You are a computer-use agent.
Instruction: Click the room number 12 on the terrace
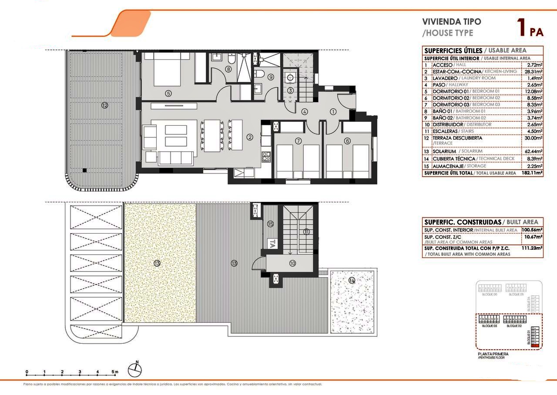(x=104, y=105)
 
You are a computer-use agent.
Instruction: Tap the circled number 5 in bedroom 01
(x=168, y=93)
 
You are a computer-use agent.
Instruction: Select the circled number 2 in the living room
(x=250, y=137)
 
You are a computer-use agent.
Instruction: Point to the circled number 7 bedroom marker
(x=298, y=141)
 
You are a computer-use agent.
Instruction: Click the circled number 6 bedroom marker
(x=347, y=141)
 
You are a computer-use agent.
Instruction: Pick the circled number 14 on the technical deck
(x=352, y=281)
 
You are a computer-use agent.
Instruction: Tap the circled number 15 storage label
(x=270, y=224)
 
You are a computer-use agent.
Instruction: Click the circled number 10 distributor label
(x=292, y=263)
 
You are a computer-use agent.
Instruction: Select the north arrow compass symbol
(x=135, y=369)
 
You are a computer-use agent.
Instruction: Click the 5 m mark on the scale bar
(x=114, y=372)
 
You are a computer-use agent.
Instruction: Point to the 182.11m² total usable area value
(x=532, y=173)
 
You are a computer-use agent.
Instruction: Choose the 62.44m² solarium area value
(x=532, y=151)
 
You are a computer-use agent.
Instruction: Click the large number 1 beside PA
(x=520, y=28)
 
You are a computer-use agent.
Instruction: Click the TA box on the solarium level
(x=272, y=244)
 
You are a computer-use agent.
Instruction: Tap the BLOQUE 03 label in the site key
(x=489, y=325)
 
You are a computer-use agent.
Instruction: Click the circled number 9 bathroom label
(x=270, y=77)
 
